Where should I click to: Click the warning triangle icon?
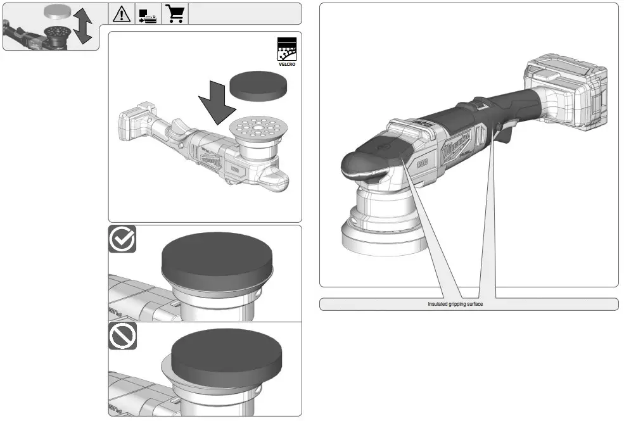(121, 14)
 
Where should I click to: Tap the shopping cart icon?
(175, 14)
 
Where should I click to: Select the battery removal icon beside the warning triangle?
(148, 14)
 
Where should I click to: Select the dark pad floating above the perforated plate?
(257, 84)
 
